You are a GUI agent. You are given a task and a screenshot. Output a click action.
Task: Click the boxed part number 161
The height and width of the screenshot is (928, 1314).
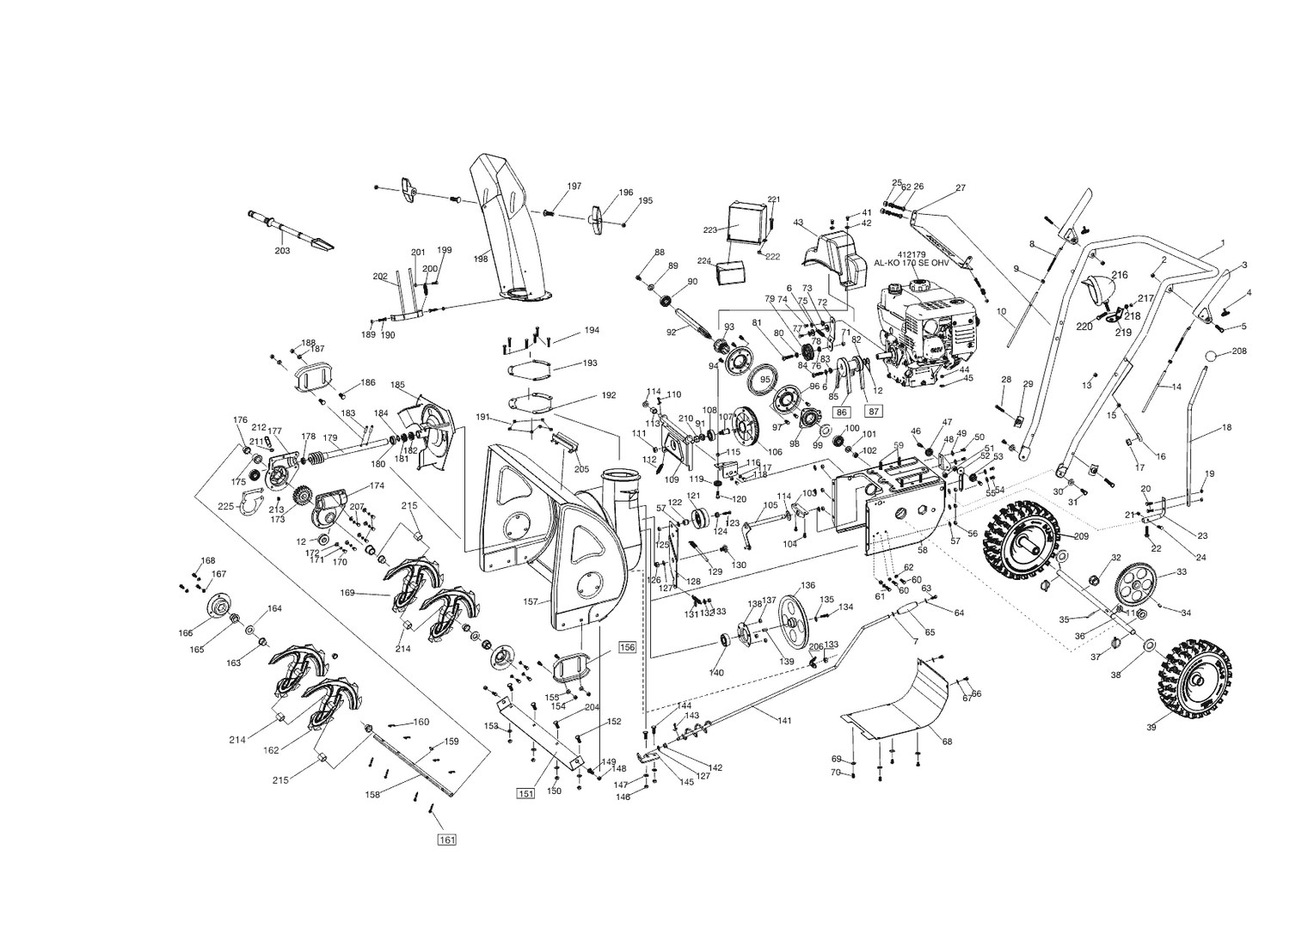coord(446,839)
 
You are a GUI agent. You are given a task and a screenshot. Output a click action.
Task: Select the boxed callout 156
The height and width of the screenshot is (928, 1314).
coord(627,647)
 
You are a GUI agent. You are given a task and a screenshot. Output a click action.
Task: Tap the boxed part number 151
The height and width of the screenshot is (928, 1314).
coord(525,793)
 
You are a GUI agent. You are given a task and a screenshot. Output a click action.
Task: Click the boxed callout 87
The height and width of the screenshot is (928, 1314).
coord(873,411)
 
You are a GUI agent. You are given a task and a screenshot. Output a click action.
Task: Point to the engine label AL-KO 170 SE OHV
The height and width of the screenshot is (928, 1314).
coord(912,265)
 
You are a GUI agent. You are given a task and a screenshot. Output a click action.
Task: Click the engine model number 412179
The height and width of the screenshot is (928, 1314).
coord(911,254)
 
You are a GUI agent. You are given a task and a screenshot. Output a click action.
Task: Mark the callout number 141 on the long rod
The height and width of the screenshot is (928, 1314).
coord(783,721)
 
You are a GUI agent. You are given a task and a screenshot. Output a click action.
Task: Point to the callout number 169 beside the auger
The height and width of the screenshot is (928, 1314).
coord(348,592)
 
